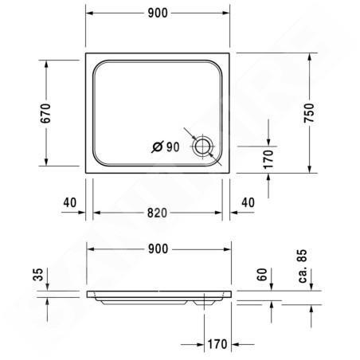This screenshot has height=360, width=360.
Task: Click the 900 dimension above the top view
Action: [158, 13]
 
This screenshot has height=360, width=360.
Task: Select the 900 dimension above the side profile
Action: [158, 249]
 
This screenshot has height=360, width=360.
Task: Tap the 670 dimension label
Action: [45, 113]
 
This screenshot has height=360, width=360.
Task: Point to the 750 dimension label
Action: [309, 113]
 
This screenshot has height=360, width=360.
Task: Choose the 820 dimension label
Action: [157, 213]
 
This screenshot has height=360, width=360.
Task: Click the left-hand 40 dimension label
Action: [70, 202]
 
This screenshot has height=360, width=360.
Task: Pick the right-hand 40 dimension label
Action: [248, 202]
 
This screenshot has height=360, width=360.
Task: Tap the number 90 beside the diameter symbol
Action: [173, 147]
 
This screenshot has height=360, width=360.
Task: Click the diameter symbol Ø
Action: [158, 147]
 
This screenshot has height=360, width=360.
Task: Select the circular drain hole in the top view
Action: [203, 139]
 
